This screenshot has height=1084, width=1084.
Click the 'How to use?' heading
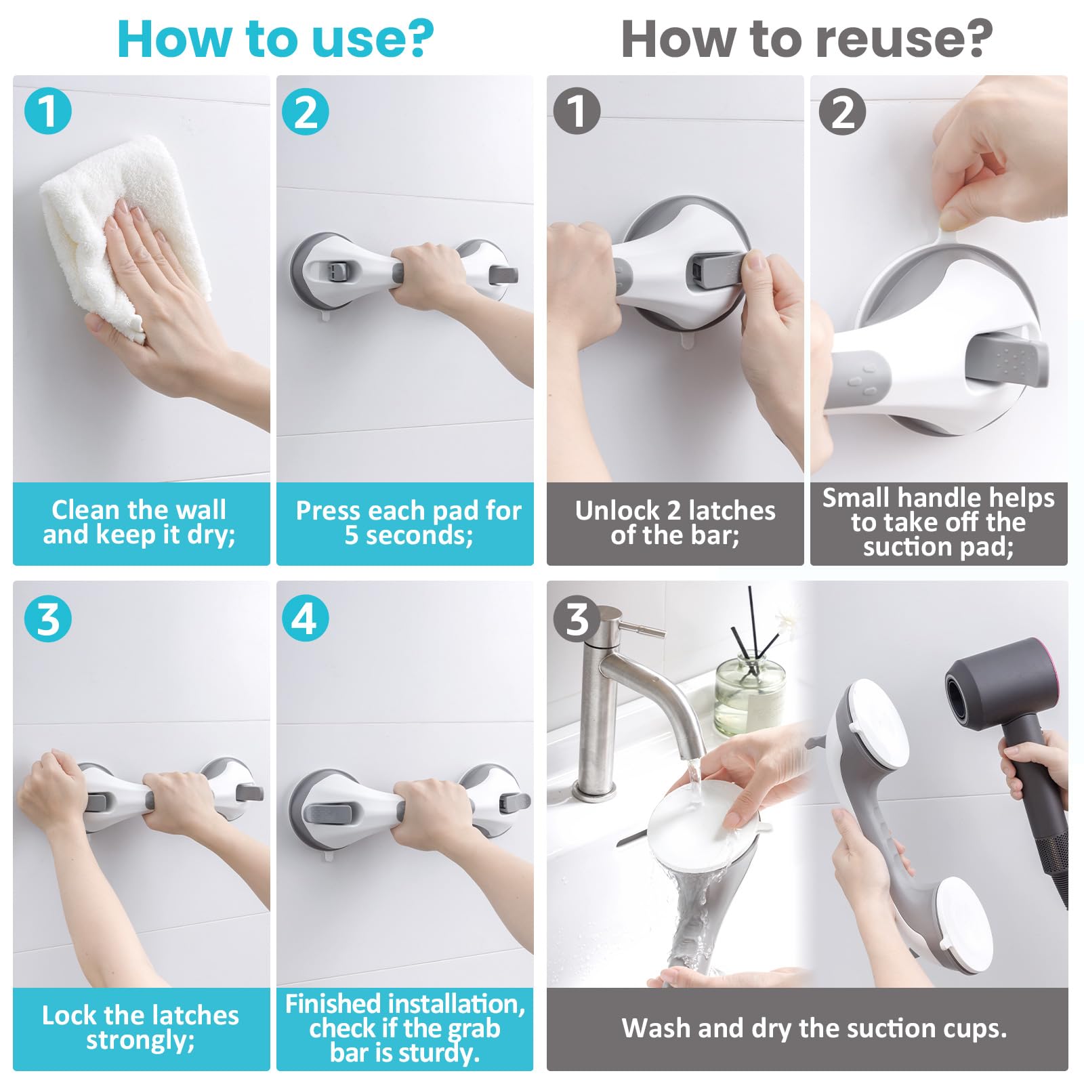point(275,39)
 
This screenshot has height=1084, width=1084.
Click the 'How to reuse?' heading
point(806,39)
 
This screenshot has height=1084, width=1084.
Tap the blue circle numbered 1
point(48,110)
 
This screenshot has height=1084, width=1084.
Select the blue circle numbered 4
point(306,618)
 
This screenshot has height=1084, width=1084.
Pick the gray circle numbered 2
point(842,110)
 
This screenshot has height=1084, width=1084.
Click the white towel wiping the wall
point(122,234)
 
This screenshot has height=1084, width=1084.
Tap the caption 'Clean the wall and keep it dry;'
point(140,522)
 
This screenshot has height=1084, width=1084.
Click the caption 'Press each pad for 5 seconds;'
point(409,522)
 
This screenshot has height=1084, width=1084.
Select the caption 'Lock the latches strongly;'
point(140,1027)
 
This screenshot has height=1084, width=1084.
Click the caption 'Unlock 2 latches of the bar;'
point(675,522)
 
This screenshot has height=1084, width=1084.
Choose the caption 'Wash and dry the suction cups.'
point(814,1028)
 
